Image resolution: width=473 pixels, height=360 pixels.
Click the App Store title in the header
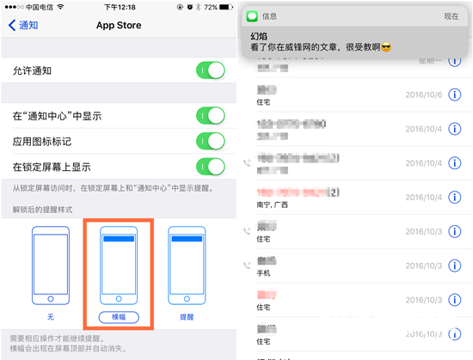[x=118, y=25]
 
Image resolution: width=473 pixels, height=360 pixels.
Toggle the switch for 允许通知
[x=210, y=70]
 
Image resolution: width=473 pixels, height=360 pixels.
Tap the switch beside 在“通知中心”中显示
[x=210, y=114]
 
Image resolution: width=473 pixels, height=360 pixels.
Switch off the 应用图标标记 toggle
[x=210, y=140]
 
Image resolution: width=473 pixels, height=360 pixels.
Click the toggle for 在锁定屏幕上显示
[x=210, y=167]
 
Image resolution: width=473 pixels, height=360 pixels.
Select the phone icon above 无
[x=50, y=267]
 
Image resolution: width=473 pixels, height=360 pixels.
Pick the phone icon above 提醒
[x=187, y=267]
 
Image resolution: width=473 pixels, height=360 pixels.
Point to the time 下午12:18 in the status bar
[x=118, y=6]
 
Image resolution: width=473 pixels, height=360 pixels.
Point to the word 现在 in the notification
[x=451, y=15]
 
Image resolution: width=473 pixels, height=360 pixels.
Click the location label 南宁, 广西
[x=273, y=204]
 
